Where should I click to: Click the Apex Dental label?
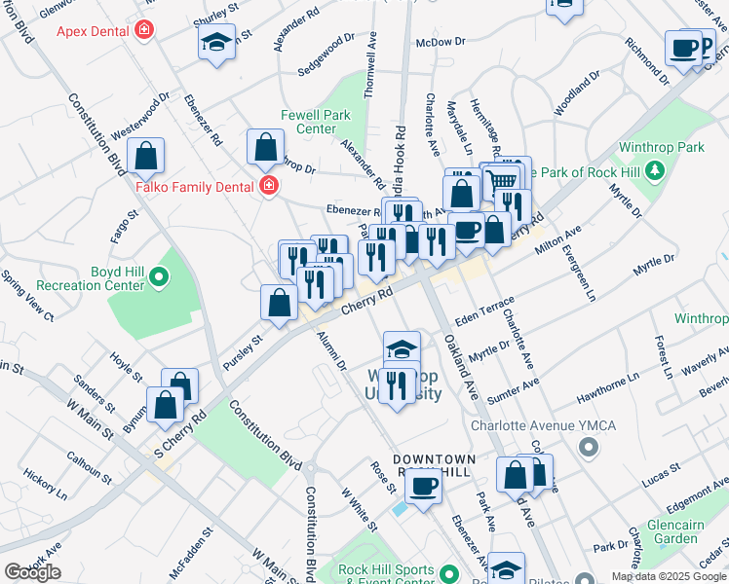pyautogui.click(x=94, y=31)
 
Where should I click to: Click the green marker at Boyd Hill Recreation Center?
pyautogui.click(x=157, y=281)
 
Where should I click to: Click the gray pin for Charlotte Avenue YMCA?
pyautogui.click(x=587, y=447)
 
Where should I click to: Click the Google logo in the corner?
pyautogui.click(x=32, y=572)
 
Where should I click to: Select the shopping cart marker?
pyautogui.click(x=501, y=180)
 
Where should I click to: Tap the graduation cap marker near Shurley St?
pyautogui.click(x=216, y=43)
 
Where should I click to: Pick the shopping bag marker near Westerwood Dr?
pyautogui.click(x=146, y=156)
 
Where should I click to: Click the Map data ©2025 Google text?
pyautogui.click(x=669, y=576)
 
